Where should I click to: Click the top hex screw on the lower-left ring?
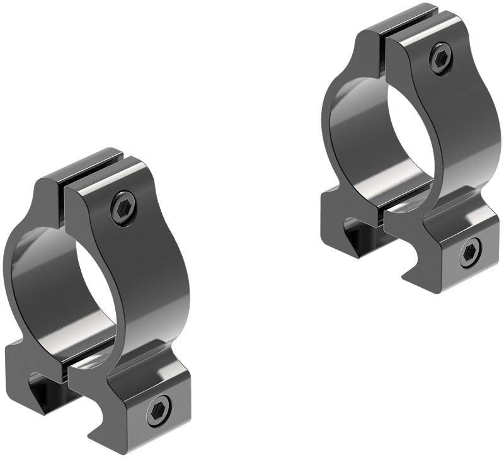(123, 207)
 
